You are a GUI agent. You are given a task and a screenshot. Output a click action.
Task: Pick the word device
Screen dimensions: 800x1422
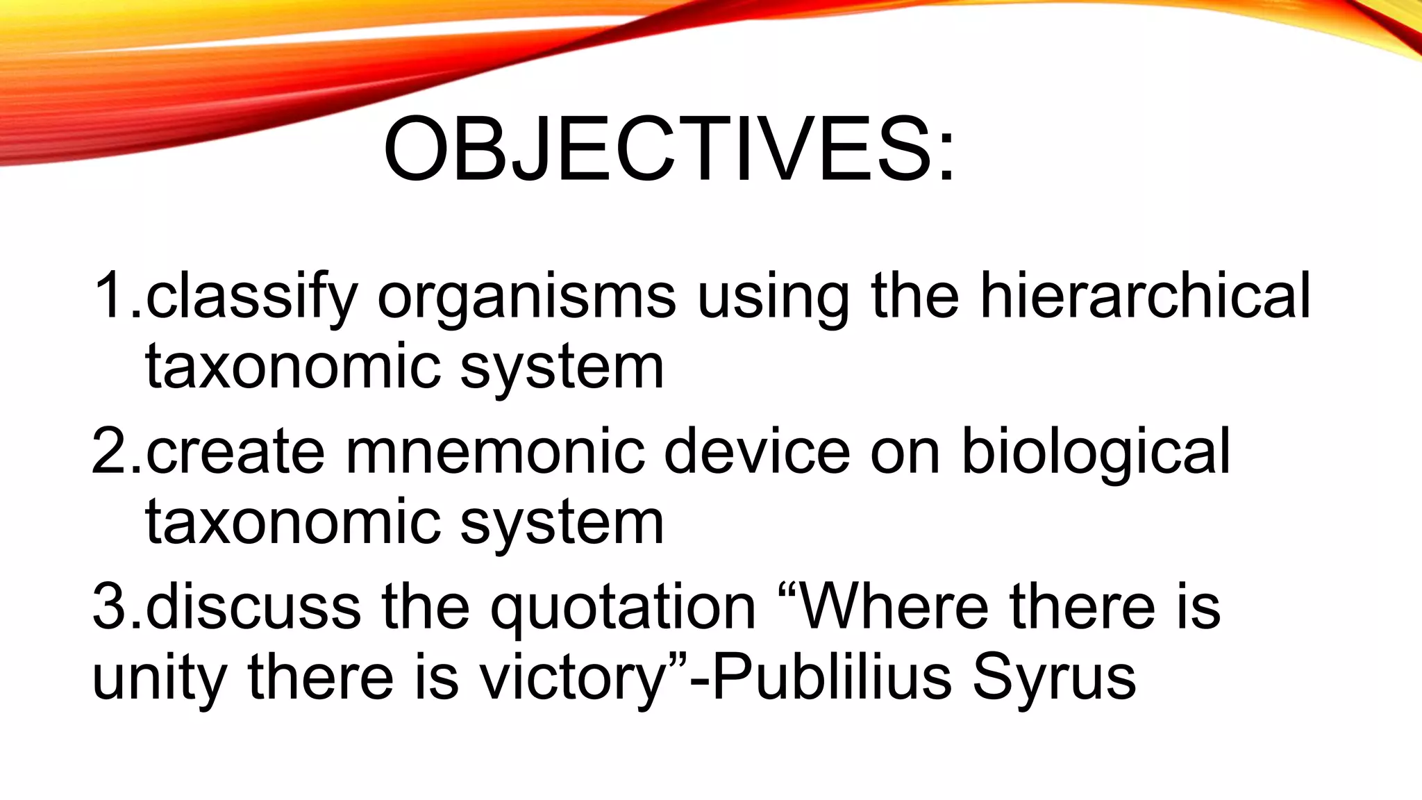pos(757,452)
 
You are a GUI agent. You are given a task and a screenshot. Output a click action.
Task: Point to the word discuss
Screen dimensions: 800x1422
pos(253,607)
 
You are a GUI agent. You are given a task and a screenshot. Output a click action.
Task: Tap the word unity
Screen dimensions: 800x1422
pos(159,679)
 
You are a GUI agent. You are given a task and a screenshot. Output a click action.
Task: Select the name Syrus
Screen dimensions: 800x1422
pos(1053,679)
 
